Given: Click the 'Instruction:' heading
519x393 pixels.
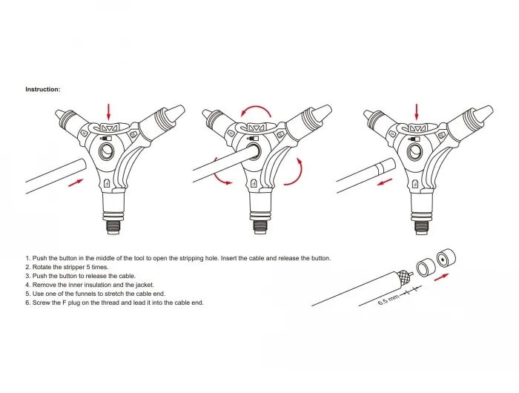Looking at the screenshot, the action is click(x=43, y=90).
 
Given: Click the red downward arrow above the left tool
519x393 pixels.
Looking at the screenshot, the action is click(x=108, y=112).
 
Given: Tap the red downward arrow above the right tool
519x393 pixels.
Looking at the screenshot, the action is click(x=417, y=112).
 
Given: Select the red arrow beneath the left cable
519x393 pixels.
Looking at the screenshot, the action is click(x=76, y=182).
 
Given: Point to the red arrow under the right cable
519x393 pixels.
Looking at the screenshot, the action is click(x=385, y=182).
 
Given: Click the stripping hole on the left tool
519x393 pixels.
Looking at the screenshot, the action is click(x=106, y=151).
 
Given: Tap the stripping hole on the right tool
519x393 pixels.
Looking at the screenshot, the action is click(x=414, y=151).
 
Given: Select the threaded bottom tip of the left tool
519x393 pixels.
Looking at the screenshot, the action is click(x=113, y=227).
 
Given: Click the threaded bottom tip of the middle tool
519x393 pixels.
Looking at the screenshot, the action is click(x=260, y=227).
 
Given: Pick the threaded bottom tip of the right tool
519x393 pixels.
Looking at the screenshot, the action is click(x=422, y=227).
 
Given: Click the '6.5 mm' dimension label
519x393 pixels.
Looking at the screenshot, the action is click(x=389, y=300).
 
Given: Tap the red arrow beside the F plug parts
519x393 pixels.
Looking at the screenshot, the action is click(x=442, y=277).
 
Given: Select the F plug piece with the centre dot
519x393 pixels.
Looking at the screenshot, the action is click(x=446, y=259).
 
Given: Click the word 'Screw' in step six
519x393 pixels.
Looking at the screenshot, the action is click(x=40, y=303).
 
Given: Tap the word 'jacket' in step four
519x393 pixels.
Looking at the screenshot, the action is click(x=145, y=285).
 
